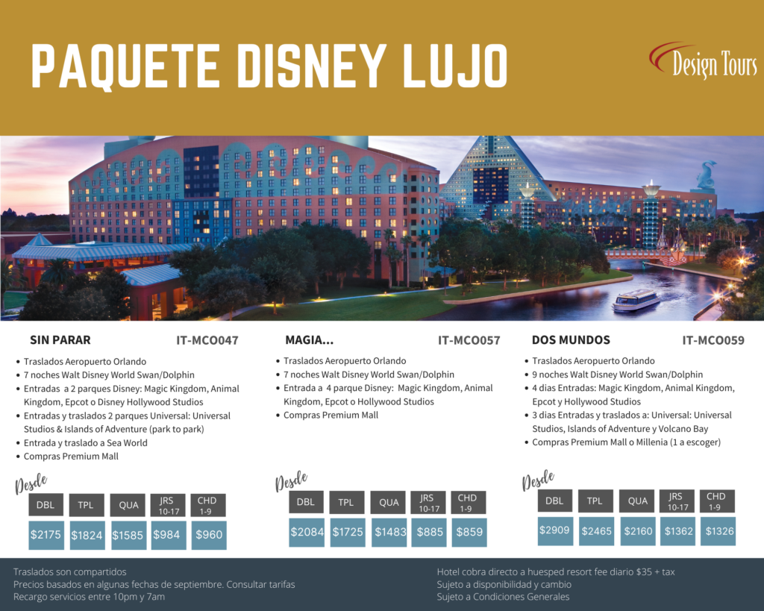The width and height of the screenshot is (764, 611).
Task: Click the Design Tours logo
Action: point(704,61)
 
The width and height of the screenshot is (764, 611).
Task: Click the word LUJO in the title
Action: point(456,66)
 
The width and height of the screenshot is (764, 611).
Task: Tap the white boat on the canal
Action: point(636,301)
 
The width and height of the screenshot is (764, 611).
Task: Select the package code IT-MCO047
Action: point(207,341)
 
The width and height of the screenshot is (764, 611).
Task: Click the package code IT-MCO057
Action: point(469,341)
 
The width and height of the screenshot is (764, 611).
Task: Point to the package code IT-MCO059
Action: point(713,341)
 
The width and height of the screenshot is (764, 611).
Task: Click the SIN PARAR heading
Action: point(60,340)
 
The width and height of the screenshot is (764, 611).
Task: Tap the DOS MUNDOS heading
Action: point(571,340)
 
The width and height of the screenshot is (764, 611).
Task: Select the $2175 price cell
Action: point(46,535)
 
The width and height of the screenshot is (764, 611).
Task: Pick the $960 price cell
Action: point(209,535)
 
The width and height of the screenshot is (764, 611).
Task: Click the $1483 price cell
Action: point(389,532)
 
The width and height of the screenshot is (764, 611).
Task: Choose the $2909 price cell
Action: point(555,530)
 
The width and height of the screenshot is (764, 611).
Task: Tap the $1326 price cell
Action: point(718,530)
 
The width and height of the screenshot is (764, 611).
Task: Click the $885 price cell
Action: point(429,532)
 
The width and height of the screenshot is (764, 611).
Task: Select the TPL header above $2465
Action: point(595,501)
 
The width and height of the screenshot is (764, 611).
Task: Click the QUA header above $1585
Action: point(128,505)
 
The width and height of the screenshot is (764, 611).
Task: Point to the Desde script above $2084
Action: point(292,480)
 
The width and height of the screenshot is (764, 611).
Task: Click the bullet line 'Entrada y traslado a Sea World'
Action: point(85,443)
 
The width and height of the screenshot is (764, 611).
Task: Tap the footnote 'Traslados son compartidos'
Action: point(69,572)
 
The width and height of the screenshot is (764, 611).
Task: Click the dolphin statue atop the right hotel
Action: point(706,175)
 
